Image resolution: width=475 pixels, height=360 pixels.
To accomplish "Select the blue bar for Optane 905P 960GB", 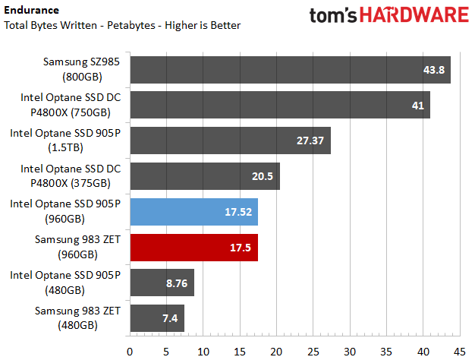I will point(194,212).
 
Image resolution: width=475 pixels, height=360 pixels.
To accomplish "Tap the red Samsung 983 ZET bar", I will point(194,248).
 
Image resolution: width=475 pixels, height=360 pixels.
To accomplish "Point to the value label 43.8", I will point(433,70).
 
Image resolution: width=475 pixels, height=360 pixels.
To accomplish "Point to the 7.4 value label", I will point(169,319).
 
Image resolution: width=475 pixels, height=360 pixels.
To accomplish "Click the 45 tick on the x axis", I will point(458,352).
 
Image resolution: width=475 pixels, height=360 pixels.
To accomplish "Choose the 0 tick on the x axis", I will point(130,352).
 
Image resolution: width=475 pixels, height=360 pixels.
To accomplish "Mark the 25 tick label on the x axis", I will point(312,352).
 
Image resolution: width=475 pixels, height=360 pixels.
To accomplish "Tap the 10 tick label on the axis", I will point(203,352).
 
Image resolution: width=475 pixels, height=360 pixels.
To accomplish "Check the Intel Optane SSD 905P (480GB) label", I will point(65,283).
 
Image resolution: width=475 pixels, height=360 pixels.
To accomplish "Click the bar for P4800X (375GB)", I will point(205,176).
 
